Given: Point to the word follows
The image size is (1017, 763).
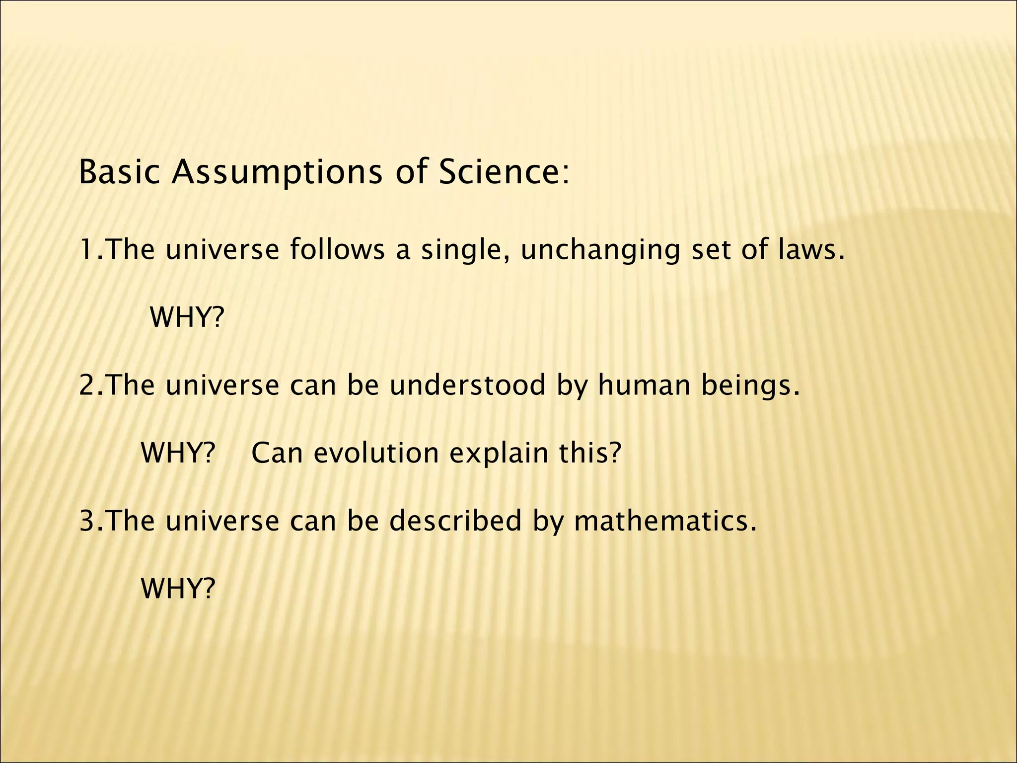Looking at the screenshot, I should coord(337,249).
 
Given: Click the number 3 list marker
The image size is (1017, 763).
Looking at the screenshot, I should coord(87,521).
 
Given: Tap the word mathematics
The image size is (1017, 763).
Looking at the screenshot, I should coord(665,521).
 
